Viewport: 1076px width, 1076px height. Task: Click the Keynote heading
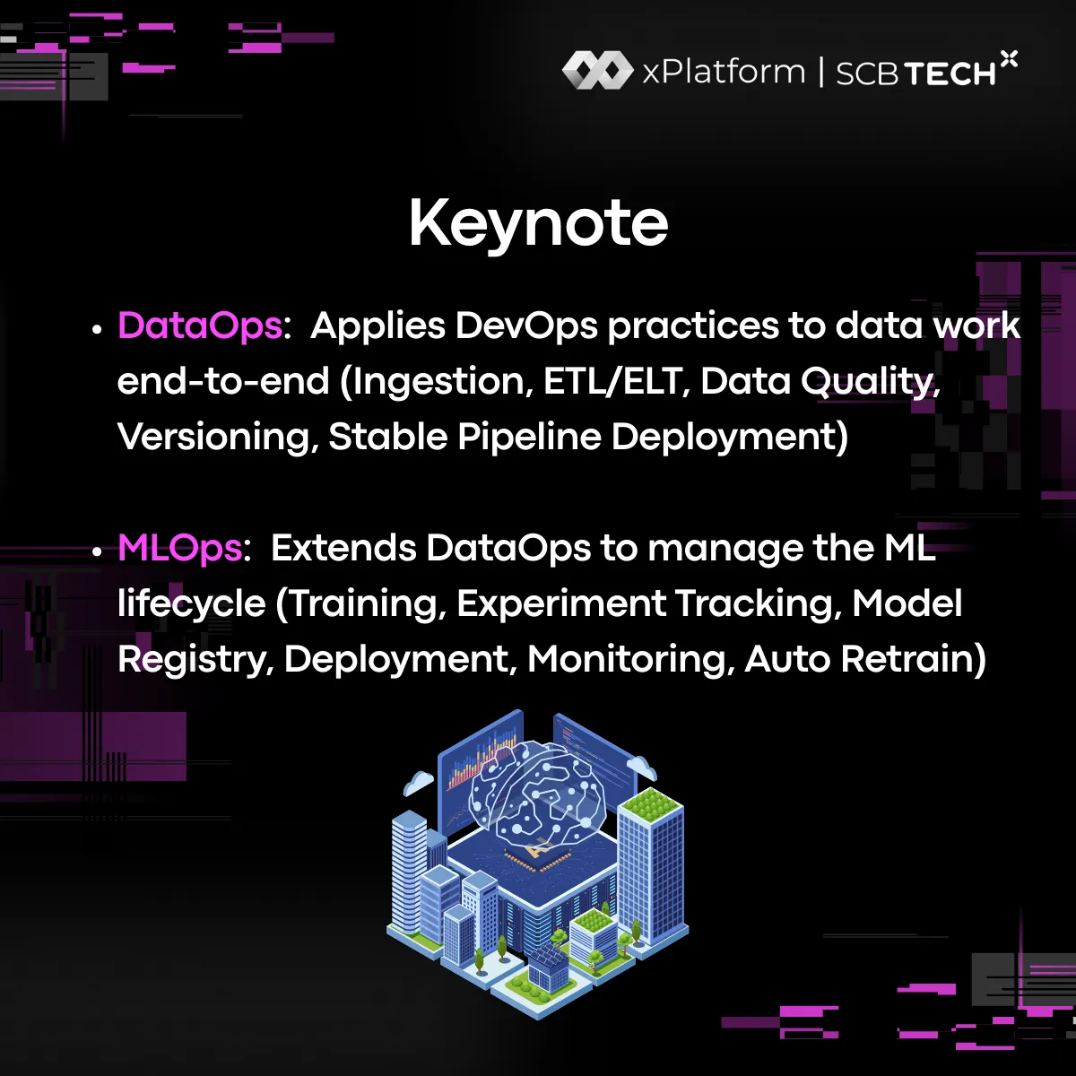(538, 222)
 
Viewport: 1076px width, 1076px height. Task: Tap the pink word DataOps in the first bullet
(199, 325)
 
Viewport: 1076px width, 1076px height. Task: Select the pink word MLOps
(179, 548)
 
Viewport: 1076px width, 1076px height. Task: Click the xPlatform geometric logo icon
(596, 70)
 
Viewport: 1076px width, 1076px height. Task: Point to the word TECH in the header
(949, 74)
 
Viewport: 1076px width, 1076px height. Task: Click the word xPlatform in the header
(724, 72)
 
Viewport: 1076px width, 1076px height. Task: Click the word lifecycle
(191, 603)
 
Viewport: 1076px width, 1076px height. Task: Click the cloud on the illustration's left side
(418, 782)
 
